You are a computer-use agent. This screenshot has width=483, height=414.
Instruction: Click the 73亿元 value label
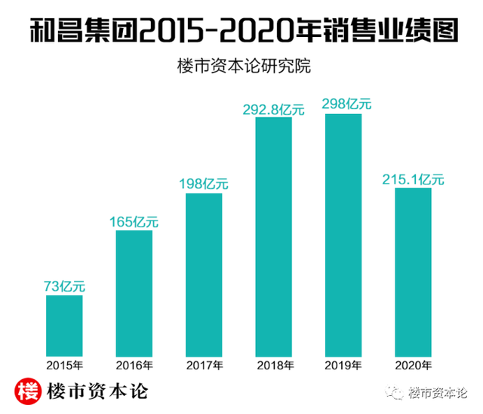(x=64, y=286)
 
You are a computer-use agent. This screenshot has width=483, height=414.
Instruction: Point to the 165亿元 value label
(x=134, y=221)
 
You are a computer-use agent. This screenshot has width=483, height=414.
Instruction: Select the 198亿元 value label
(x=204, y=184)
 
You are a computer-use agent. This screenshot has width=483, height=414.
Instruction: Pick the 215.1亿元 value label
(x=413, y=179)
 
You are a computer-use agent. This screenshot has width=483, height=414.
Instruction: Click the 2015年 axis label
(x=64, y=366)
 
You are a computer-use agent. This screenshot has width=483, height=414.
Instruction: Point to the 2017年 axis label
(x=204, y=366)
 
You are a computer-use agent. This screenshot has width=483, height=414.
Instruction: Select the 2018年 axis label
(x=273, y=366)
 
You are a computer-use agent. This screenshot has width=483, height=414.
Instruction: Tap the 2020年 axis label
(x=413, y=366)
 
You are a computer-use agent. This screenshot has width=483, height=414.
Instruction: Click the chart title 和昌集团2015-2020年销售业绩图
(x=241, y=31)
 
